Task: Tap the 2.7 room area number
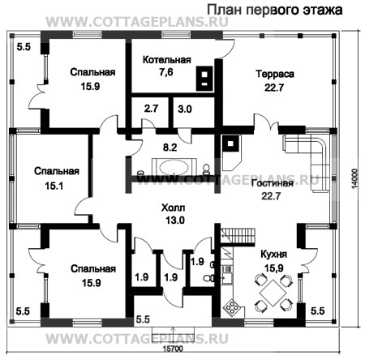click(151, 108)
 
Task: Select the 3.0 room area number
click(184, 108)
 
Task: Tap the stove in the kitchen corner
click(232, 309)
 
